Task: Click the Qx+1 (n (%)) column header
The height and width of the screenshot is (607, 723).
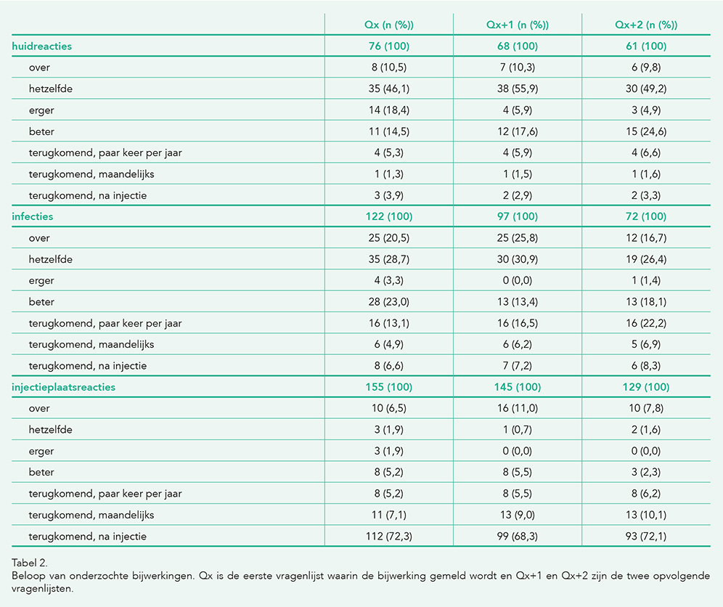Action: [518, 25]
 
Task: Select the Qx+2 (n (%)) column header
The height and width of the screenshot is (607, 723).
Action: [646, 25]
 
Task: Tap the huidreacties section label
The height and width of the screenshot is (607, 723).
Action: [42, 46]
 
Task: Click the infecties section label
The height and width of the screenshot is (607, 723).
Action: [32, 216]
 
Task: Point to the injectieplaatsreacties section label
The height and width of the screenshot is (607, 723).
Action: [64, 387]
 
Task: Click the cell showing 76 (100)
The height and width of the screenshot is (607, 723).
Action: [388, 46]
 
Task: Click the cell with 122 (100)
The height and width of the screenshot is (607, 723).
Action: [388, 216]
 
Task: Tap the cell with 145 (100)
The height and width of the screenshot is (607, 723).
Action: [518, 387]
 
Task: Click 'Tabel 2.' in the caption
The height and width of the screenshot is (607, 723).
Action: [30, 563]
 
